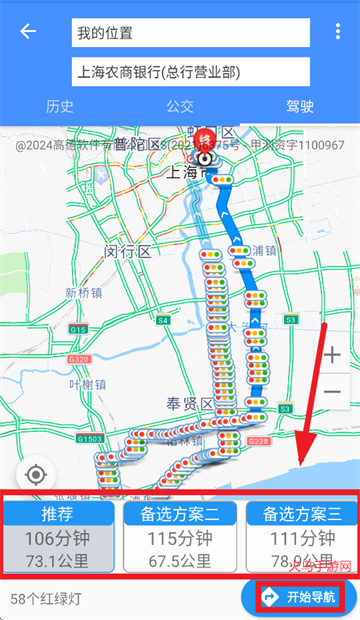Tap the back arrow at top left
[x=28, y=31]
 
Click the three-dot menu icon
[x=338, y=32]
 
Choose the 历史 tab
[x=60, y=107]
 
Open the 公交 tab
[x=180, y=107]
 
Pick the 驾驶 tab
[x=300, y=107]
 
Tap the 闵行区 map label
[x=127, y=252]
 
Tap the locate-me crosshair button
[x=37, y=473]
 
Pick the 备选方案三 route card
[x=301, y=535]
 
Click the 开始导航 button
[x=298, y=597]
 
